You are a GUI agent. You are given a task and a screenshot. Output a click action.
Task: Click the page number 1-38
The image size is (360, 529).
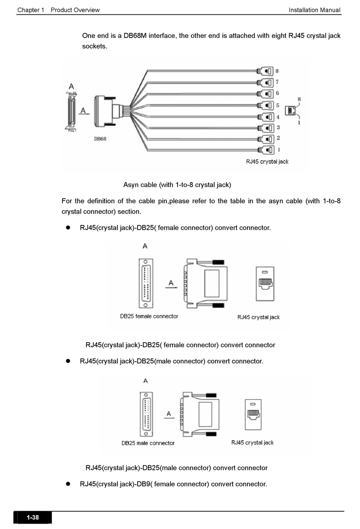pyautogui.click(x=33, y=517)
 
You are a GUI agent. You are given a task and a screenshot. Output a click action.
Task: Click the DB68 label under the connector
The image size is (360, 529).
pyautogui.click(x=100, y=139)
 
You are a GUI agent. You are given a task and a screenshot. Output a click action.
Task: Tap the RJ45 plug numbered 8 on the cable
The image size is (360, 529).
pyautogui.click(x=265, y=71)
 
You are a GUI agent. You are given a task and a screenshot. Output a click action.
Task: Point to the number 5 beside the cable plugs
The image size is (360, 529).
pyautogui.click(x=278, y=105)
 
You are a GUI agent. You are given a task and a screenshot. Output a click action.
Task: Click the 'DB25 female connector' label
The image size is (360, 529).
pyautogui.click(x=149, y=316)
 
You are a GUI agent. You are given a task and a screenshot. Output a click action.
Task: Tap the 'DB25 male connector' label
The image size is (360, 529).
pyautogui.click(x=148, y=443)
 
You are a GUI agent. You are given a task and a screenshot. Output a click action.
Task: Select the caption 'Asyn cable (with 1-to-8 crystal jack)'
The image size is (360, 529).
pyautogui.click(x=177, y=185)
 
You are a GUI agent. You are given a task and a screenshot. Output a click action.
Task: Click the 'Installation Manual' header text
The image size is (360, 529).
pyautogui.click(x=314, y=10)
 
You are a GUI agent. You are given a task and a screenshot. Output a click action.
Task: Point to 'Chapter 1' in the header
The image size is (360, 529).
pyautogui.click(x=31, y=10)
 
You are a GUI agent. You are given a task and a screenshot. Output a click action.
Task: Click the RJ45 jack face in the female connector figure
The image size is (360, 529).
pyautogui.click(x=265, y=284)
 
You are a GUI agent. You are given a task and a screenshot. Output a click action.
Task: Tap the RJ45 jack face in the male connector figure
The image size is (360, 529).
pyautogui.click(x=253, y=414)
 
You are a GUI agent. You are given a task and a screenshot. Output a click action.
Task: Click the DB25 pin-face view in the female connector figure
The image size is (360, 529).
pyautogui.click(x=146, y=283)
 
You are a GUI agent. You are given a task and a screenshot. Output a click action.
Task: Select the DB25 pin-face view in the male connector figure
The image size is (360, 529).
pyautogui.click(x=146, y=414)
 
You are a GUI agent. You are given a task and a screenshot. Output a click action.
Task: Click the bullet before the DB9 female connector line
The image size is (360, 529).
pyautogui.click(x=69, y=484)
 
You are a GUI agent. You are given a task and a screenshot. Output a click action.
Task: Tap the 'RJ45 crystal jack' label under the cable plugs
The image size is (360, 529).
pyautogui.click(x=267, y=162)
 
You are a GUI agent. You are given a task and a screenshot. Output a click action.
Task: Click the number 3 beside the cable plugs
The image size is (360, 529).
pyautogui.click(x=278, y=128)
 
